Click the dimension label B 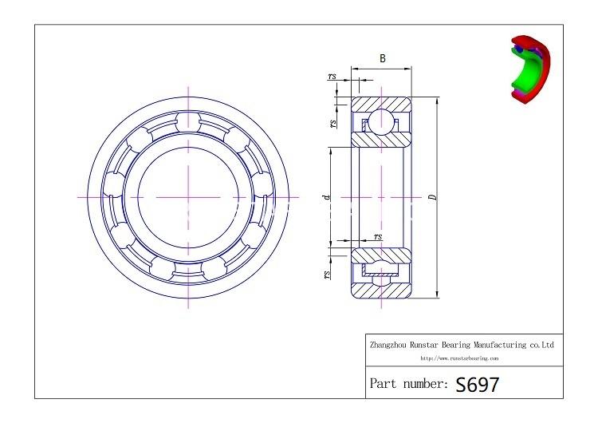pyautogui.click(x=382, y=58)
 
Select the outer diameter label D pyautogui.click(x=431, y=196)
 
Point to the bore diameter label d pyautogui.click(x=325, y=196)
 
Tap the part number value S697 pyautogui.click(x=478, y=384)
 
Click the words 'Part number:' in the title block pyautogui.click(x=407, y=384)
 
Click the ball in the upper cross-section pyautogui.click(x=381, y=122)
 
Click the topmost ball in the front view pyautogui.click(x=188, y=121)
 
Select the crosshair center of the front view pyautogui.click(x=188, y=196)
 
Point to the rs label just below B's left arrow pyautogui.click(x=332, y=77)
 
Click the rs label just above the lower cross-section pyautogui.click(x=378, y=236)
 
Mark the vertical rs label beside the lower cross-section pyautogui.click(x=328, y=274)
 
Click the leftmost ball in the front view pyautogui.click(x=112, y=196)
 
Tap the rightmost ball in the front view pyautogui.click(x=264, y=196)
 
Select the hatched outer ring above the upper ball pyautogui.click(x=381, y=104)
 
